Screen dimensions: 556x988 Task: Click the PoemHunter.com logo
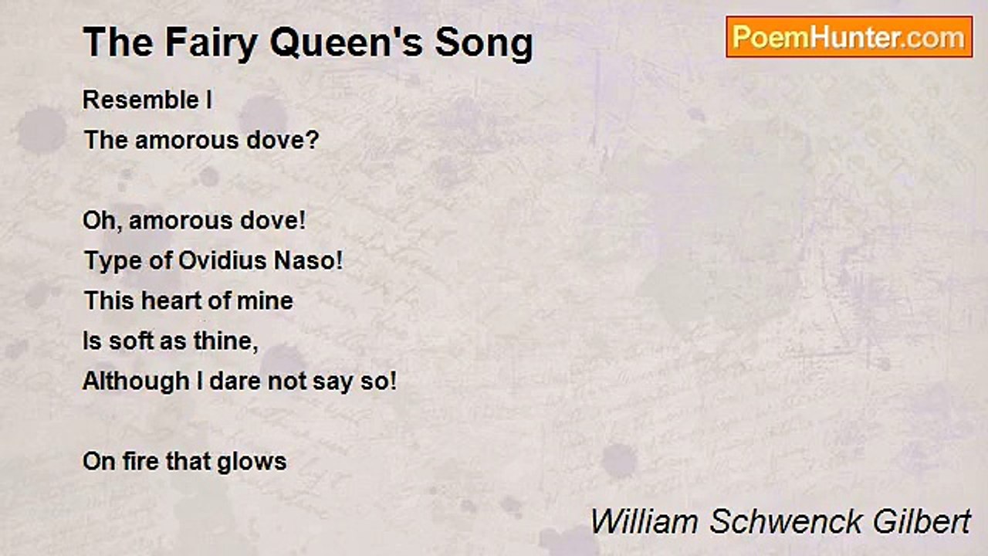[x=849, y=36]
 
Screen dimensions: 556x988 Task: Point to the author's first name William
[x=645, y=522]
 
